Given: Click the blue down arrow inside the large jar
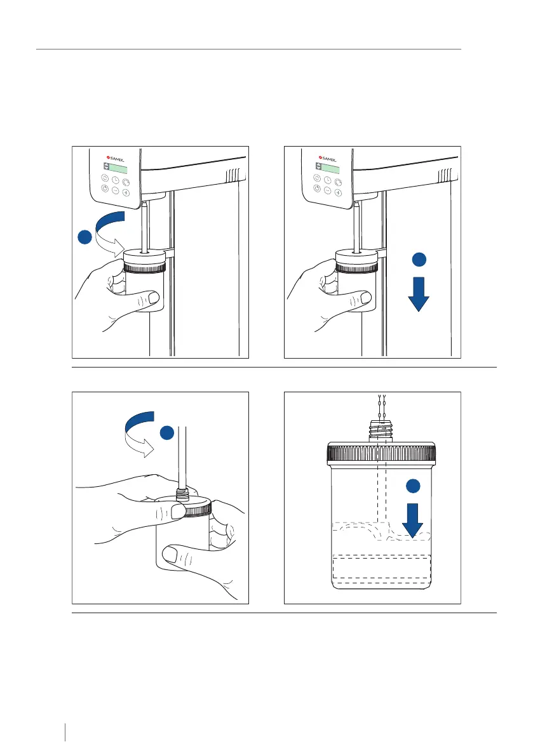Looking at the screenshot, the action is tap(412, 519).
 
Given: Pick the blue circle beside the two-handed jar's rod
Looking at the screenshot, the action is tap(166, 434).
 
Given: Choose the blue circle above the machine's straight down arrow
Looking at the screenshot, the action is tap(417, 259).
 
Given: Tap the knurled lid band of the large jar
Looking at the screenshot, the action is tap(381, 454).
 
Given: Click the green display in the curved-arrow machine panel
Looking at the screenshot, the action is tap(117, 169).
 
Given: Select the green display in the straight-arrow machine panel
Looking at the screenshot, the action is tap(329, 169).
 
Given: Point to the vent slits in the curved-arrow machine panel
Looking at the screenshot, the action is tap(234, 174).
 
